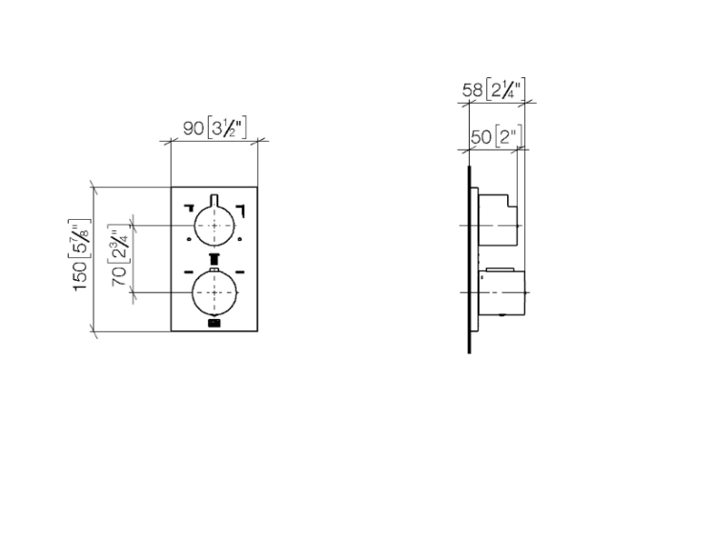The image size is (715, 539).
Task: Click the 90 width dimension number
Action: [x=193, y=128]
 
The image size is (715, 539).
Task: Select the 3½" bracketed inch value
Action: [x=227, y=128]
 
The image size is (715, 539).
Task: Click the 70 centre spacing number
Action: [x=119, y=276]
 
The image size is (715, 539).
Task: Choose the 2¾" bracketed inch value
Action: [x=119, y=244]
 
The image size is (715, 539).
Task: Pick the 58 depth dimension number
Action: [x=473, y=90]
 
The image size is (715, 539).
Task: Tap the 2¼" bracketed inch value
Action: [x=505, y=89]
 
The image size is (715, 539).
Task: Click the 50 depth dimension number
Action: [x=480, y=137]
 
